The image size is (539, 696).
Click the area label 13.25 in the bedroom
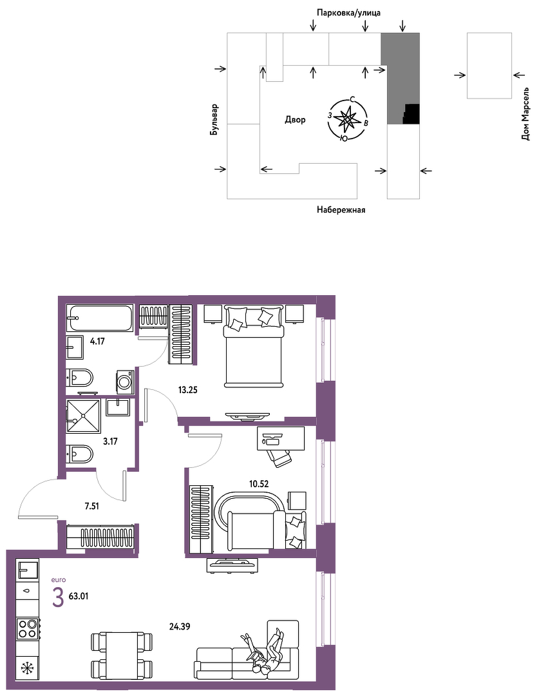tap(187, 390)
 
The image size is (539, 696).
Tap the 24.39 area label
tap(180, 627)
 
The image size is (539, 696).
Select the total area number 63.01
tap(79, 596)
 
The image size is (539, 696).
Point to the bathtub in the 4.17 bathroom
tap(100, 317)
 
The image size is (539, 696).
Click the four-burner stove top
tap(27, 628)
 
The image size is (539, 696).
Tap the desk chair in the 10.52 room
tap(278, 456)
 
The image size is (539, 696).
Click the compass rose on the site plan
tap(347, 119)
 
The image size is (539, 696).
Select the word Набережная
tap(341, 210)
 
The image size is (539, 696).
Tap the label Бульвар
tap(214, 120)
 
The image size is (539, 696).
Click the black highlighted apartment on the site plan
tap(411, 113)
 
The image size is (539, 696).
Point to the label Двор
tap(295, 119)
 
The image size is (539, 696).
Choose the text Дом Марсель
tap(525, 114)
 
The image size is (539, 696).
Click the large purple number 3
tap(58, 597)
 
